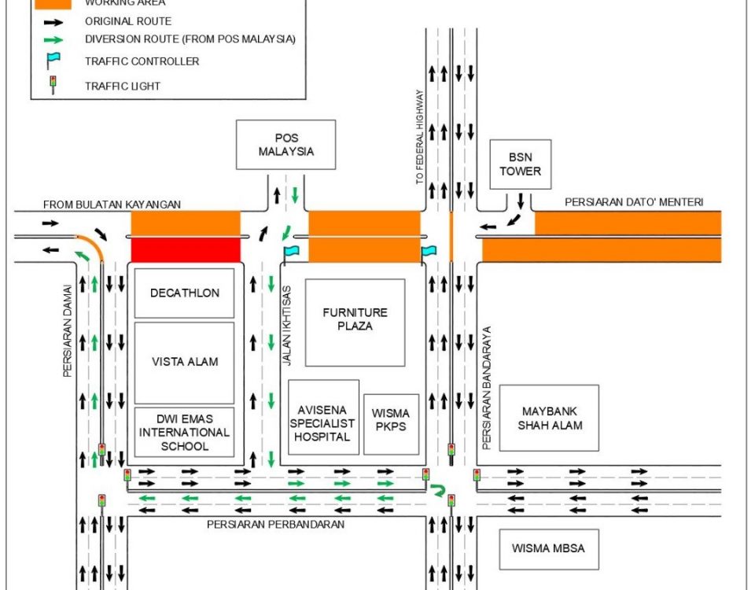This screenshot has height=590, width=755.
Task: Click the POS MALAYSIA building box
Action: click(x=286, y=144)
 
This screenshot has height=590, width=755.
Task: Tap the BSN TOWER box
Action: click(x=520, y=164)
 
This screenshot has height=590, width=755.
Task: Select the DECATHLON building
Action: click(x=185, y=293)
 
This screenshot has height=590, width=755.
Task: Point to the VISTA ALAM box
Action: click(x=185, y=362)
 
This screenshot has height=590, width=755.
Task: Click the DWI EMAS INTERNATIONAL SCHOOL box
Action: click(x=185, y=432)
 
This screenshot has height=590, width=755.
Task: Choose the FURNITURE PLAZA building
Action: click(x=355, y=321)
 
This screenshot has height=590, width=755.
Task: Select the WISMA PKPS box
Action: click(x=391, y=424)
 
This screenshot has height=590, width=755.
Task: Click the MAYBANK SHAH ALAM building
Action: click(x=549, y=418)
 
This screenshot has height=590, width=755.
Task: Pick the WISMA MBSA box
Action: click(x=548, y=548)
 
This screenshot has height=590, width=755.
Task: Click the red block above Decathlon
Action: click(x=185, y=251)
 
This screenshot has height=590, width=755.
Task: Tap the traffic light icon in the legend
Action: click(x=53, y=85)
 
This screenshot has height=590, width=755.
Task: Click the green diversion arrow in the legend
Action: click(x=53, y=39)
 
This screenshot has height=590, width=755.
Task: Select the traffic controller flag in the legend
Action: click(x=53, y=61)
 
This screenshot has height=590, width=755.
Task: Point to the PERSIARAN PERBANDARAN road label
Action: click(x=275, y=524)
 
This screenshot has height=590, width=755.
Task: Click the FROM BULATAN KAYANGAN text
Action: click(x=112, y=205)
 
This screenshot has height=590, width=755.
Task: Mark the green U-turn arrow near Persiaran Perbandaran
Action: click(x=438, y=492)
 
